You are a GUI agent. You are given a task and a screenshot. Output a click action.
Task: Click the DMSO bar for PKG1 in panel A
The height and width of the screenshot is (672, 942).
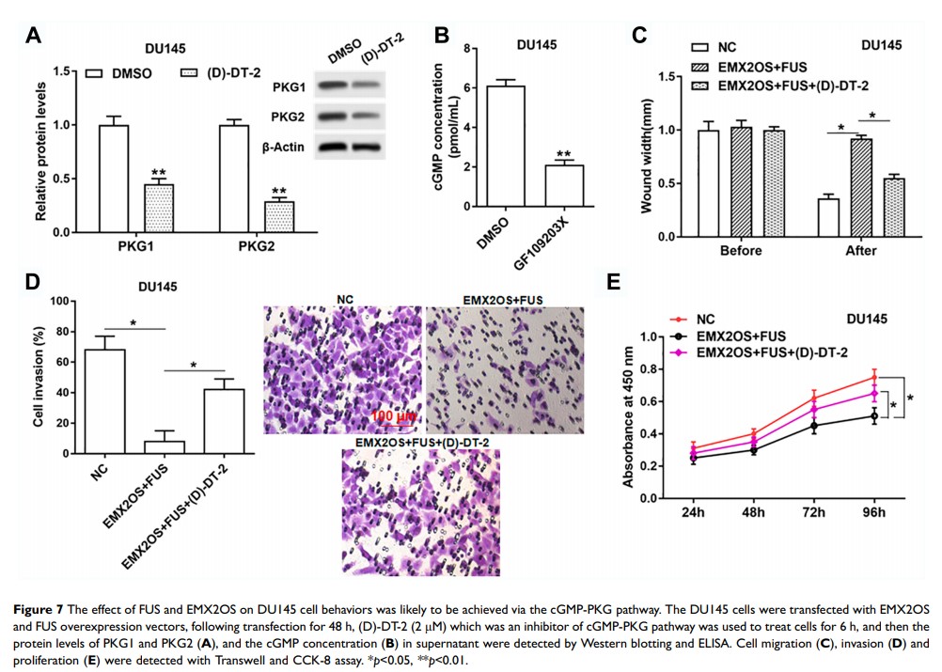click(x=114, y=179)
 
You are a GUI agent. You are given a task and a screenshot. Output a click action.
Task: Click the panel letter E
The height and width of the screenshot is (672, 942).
click(x=615, y=283)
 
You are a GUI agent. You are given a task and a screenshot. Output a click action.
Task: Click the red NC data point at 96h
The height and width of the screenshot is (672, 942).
click(x=875, y=378)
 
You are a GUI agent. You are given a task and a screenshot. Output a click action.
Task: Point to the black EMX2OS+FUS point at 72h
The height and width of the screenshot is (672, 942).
click(x=813, y=426)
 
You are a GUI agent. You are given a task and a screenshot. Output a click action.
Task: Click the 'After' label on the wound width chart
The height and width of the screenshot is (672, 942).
click(x=860, y=251)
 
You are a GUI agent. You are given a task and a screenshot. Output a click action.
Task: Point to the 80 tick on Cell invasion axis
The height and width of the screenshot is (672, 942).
click(x=64, y=332)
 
